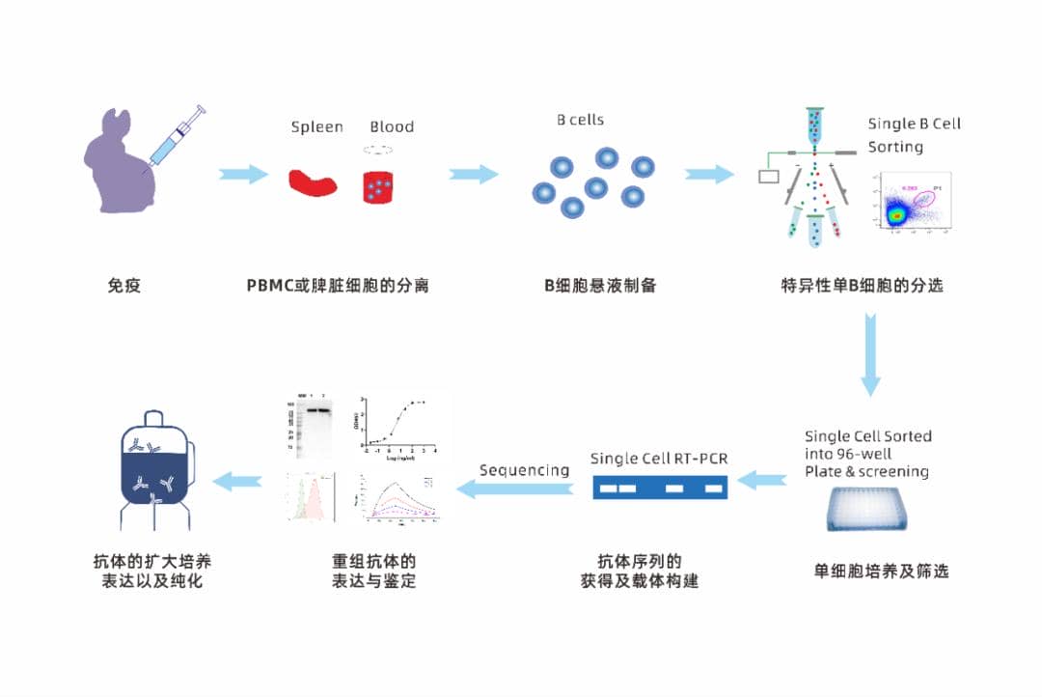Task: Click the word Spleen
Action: pyautogui.click(x=316, y=127)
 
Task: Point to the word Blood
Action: pyautogui.click(x=392, y=127)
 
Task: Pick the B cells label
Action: pyautogui.click(x=580, y=120)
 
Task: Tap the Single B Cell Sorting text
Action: pyautogui.click(x=914, y=135)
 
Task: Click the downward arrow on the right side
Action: pyautogui.click(x=871, y=352)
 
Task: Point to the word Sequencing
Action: pyautogui.click(x=524, y=470)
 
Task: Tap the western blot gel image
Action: pyautogui.click(x=311, y=422)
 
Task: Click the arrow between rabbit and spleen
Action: pyautogui.click(x=243, y=175)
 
